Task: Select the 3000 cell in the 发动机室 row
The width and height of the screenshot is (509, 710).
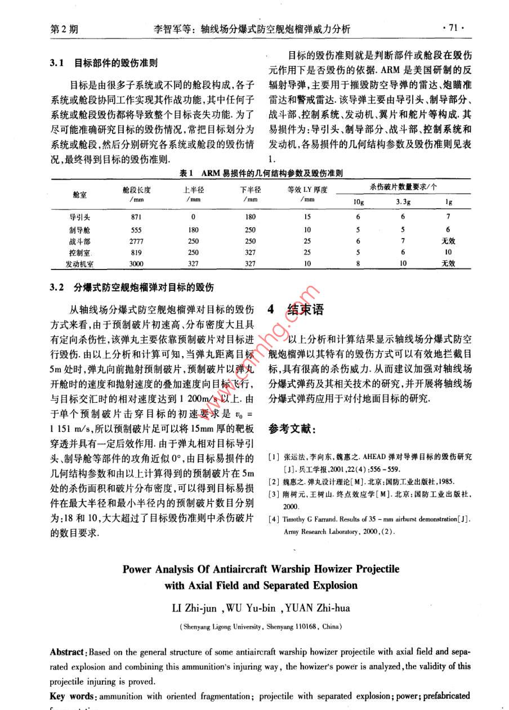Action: tap(136, 263)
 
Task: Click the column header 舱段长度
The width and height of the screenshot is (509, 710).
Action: tap(136, 189)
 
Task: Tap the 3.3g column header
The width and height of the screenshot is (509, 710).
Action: tap(403, 201)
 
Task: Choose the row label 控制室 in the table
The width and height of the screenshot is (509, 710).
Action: tap(80, 253)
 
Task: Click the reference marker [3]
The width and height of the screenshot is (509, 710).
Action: tap(273, 494)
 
